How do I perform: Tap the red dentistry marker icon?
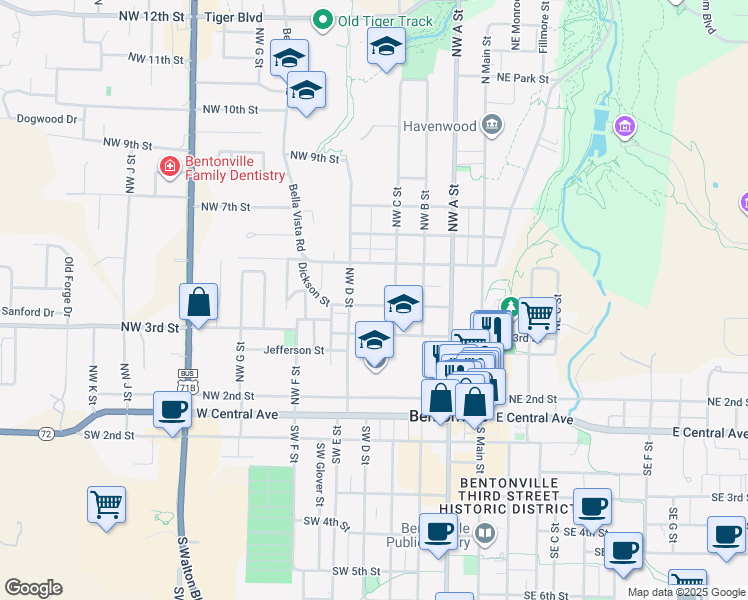169,167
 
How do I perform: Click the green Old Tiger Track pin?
323,20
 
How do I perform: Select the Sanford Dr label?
28,313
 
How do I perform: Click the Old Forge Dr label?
69,288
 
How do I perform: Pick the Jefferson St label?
294,351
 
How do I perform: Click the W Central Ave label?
237,412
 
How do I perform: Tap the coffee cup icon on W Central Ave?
174,410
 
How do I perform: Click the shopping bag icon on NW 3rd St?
199,301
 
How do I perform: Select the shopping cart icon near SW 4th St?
107,504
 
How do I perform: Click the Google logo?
33,588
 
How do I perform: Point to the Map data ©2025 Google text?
685,592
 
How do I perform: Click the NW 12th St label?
151,18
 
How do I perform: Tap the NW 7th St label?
225,207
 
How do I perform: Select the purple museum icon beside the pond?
625,128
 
